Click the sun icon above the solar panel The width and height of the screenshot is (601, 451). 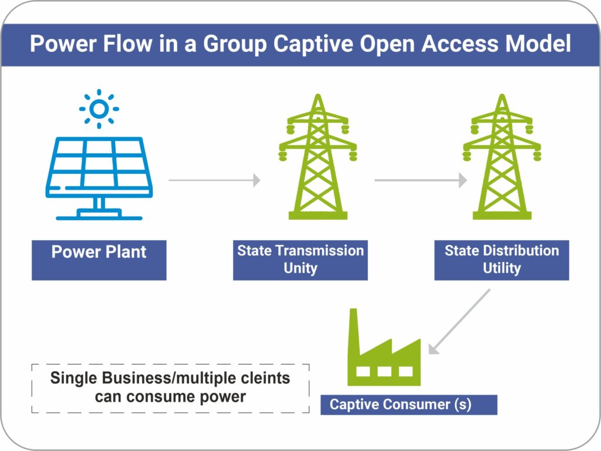click(x=99, y=109)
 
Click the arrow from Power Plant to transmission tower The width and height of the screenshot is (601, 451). click(x=214, y=180)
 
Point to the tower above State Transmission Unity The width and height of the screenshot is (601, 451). click(x=318, y=157)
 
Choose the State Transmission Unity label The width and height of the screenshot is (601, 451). click(x=300, y=260)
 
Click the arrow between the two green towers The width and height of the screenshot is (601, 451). click(x=420, y=180)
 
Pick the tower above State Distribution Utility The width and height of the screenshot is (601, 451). click(x=502, y=157)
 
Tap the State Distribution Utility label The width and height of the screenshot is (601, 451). click(x=502, y=260)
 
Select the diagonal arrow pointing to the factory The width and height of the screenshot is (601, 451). click(x=460, y=322)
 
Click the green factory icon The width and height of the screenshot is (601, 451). click(x=384, y=352)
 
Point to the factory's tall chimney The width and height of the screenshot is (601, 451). click(x=353, y=335)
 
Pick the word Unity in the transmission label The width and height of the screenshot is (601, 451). click(x=300, y=268)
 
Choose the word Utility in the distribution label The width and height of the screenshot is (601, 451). click(x=502, y=268)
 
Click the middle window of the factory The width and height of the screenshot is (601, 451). click(x=384, y=372)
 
